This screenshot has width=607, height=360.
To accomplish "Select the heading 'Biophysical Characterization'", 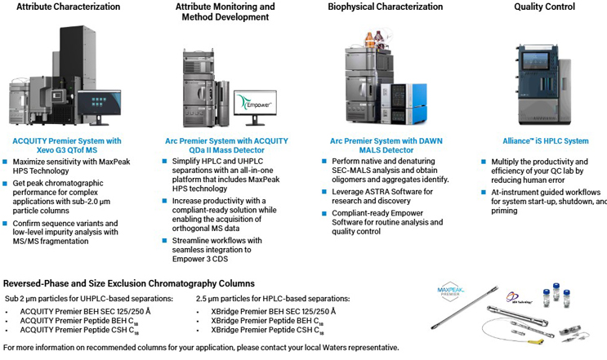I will click(384, 7).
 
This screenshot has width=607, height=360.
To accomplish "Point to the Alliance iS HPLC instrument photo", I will click(547, 82).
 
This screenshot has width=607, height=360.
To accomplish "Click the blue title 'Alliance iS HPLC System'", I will click(546, 140).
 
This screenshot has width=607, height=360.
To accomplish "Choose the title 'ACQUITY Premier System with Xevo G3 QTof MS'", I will click(67, 145).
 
